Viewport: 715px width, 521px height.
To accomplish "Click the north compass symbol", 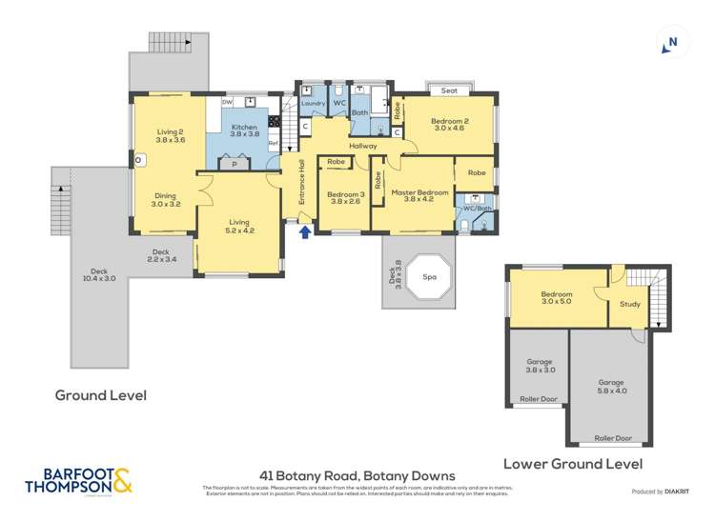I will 672,41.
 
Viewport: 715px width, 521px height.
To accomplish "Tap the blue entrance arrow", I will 304,231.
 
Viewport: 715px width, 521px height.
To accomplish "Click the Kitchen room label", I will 244,131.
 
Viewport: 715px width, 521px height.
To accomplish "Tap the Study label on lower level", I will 629,305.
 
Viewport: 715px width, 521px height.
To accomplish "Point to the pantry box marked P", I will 234,164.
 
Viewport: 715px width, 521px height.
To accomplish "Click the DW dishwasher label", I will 227,101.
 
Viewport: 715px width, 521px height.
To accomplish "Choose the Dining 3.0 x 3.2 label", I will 164,198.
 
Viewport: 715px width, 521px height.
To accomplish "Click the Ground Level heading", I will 100,395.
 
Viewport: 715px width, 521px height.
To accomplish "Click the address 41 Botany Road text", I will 357,474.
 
